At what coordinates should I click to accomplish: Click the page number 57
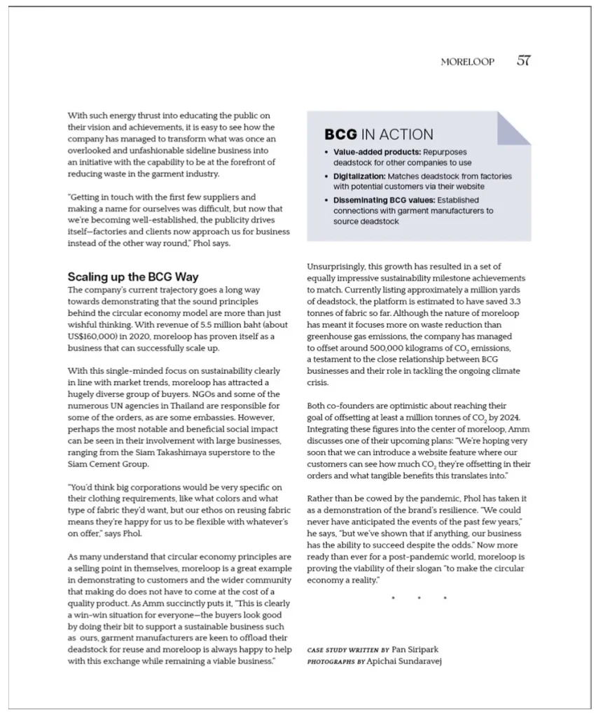523,61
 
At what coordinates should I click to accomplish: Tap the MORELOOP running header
467,62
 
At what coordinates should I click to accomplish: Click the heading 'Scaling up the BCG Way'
133,277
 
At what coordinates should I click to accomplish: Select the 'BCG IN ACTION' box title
378,134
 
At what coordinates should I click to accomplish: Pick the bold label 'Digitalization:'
359,176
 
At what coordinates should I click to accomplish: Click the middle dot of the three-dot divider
419,598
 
